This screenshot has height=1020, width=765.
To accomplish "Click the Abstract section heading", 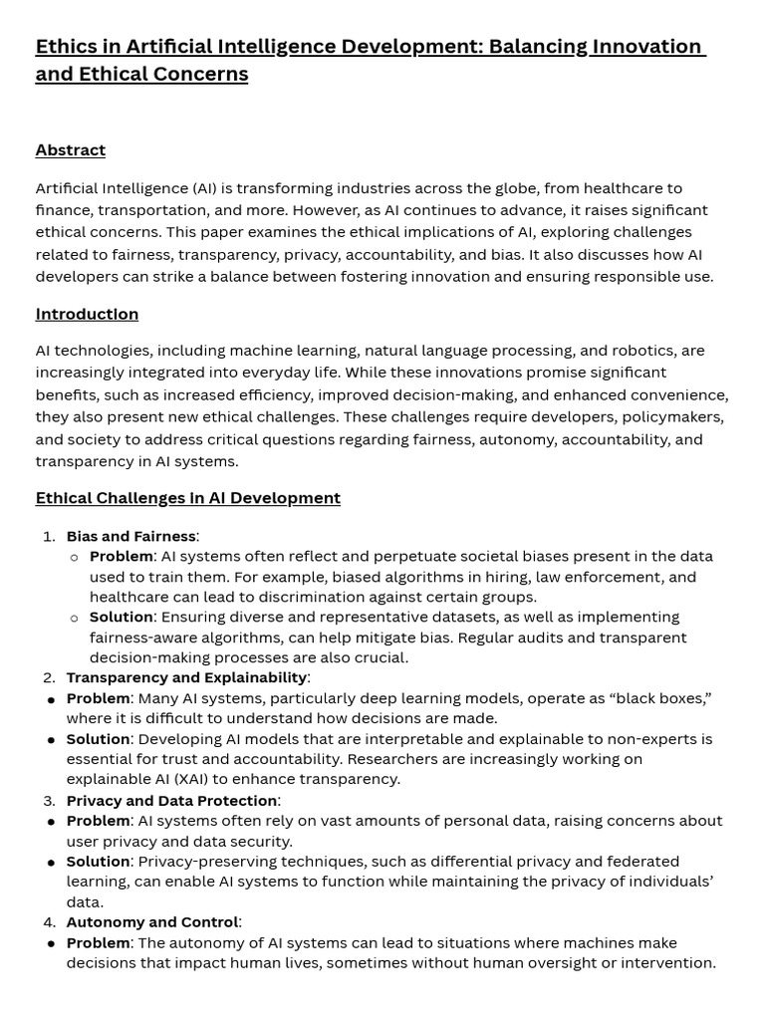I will [70, 150].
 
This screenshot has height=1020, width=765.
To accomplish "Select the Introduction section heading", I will [87, 314].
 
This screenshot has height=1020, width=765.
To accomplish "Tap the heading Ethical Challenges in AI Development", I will [187, 498].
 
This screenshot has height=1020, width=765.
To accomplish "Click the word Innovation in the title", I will [646, 47].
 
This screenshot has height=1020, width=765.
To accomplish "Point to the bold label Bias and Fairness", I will [130, 536].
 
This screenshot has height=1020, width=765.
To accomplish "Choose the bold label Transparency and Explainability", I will [186, 677].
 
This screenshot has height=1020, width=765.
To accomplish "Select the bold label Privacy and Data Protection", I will [171, 800].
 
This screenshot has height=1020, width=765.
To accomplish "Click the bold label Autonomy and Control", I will [152, 922].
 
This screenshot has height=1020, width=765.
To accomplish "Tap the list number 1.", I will [49, 536].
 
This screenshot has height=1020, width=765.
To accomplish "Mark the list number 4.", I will [49, 922].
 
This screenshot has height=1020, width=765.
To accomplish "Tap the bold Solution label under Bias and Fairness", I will [121, 617].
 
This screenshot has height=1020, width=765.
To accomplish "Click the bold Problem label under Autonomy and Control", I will [98, 942].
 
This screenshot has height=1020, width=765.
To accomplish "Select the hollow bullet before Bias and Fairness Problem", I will [74, 557].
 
